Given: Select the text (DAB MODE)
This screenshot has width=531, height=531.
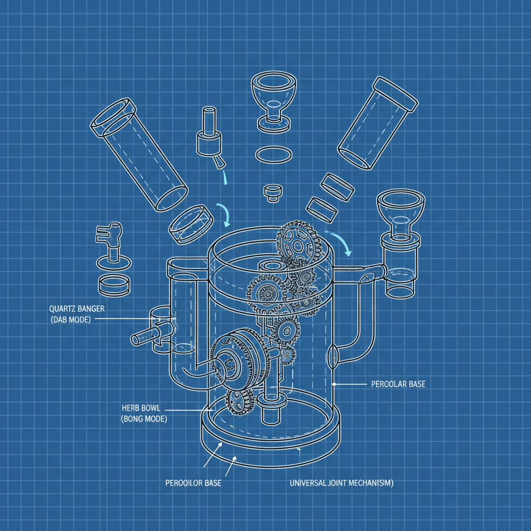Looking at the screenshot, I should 71,320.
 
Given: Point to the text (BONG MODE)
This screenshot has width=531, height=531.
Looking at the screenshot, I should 143,418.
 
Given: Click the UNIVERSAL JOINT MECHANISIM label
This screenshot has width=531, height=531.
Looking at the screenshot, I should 341,483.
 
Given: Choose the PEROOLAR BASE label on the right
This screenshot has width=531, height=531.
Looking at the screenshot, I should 398,384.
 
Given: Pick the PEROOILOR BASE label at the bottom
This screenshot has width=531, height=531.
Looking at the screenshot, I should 193,483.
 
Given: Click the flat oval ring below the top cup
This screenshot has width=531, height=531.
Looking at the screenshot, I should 273,155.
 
